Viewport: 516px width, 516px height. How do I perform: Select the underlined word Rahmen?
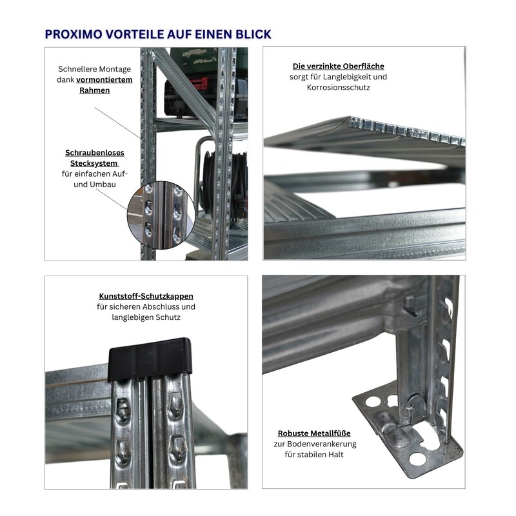(x=94, y=90)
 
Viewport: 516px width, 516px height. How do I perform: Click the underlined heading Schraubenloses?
(x=95, y=153)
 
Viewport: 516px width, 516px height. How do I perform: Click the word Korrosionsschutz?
(x=338, y=88)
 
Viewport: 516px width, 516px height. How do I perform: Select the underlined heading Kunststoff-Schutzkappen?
(x=146, y=296)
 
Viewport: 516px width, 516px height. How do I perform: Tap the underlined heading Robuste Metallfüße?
(x=314, y=433)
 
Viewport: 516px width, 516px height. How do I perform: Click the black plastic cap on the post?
(x=150, y=359)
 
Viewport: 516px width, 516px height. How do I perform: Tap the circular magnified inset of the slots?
(x=161, y=214)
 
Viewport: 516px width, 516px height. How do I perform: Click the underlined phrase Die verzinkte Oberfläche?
(x=338, y=66)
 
